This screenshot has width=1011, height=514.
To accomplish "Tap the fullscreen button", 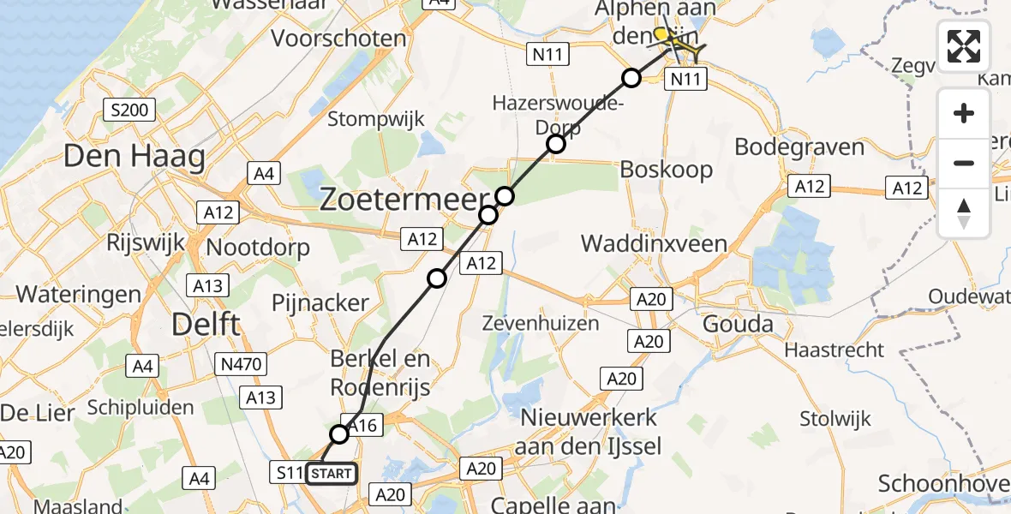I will click(x=964, y=46).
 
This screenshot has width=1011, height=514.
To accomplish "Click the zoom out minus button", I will click(x=964, y=163).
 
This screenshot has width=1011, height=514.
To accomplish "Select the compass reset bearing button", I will click(x=964, y=212).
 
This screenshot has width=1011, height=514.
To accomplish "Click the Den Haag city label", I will click(x=134, y=158).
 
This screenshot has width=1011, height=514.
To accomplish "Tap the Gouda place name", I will click(x=738, y=325).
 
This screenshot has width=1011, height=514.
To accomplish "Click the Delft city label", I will click(x=206, y=324).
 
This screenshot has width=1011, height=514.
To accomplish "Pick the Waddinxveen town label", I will click(x=654, y=243).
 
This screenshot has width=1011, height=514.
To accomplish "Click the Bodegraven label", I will click(x=799, y=146).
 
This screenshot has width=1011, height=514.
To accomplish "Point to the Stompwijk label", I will click(x=376, y=119).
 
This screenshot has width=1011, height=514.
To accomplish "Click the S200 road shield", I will click(x=129, y=109).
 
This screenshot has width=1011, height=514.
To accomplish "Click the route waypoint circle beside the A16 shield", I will click(x=339, y=434).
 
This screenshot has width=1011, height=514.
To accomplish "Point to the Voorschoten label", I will click(x=338, y=39).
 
